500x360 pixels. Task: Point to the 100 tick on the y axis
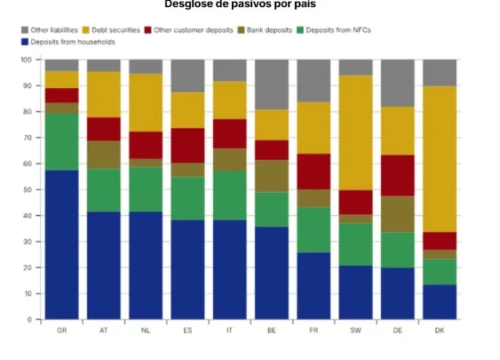26,60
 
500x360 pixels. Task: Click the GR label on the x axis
62,330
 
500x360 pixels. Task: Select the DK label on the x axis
439,330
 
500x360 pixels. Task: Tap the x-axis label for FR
314,330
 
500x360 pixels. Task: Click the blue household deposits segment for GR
62,245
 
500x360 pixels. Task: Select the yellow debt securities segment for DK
439,159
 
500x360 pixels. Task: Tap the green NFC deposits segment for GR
62,142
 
